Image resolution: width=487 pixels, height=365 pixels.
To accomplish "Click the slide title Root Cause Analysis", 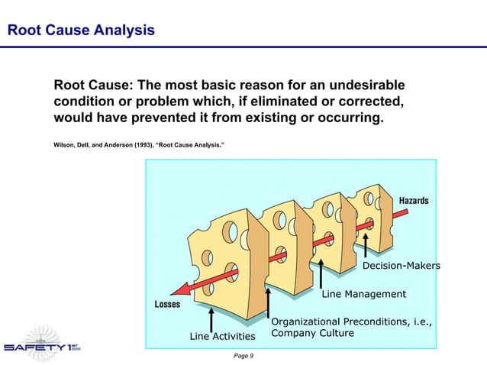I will (x=80, y=31).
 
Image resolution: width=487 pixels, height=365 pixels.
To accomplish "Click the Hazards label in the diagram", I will (x=414, y=201).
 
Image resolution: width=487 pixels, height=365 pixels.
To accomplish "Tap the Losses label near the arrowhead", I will (x=168, y=304).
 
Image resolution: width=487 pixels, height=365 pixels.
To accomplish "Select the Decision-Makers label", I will (x=401, y=266).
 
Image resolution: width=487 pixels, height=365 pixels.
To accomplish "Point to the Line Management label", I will (x=363, y=294).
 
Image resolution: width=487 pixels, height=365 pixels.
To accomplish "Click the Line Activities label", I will (x=221, y=336).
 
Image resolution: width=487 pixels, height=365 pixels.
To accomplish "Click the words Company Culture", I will (x=312, y=334).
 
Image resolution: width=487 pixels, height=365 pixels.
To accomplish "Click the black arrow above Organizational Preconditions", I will (x=268, y=301).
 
